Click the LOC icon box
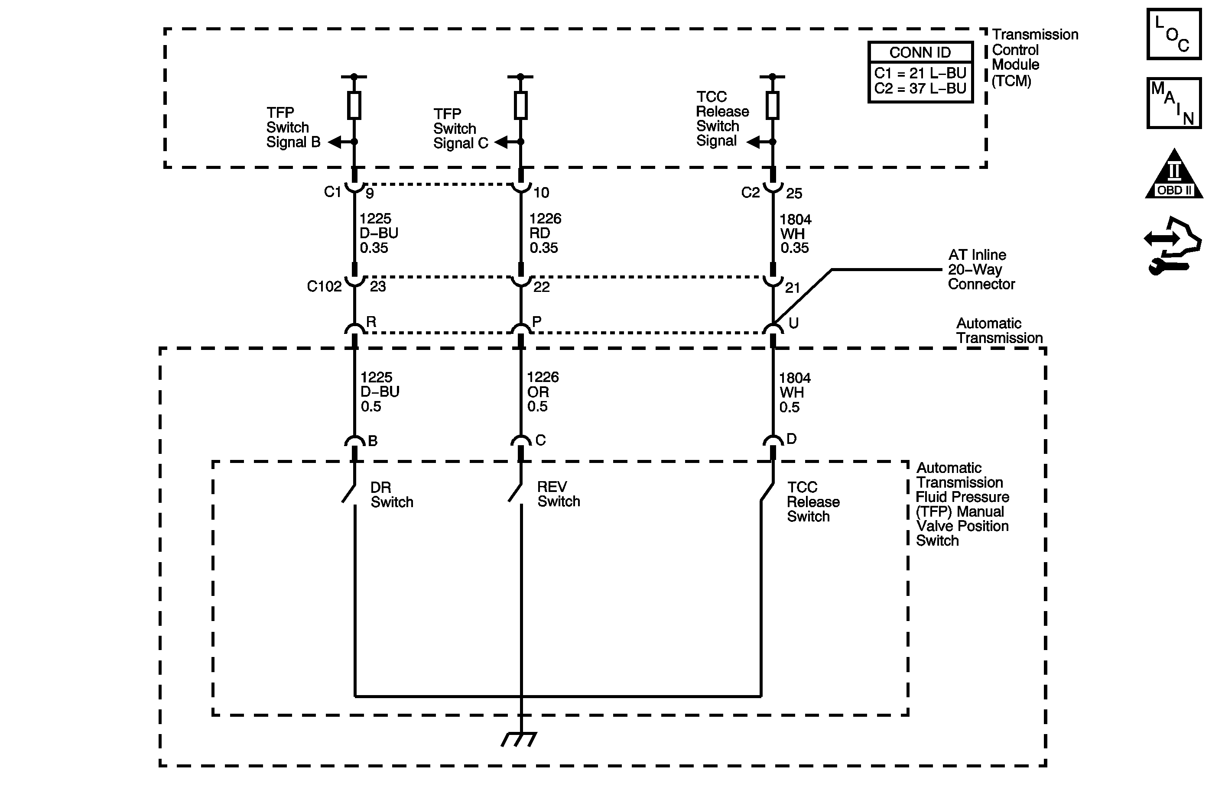(x=1174, y=34)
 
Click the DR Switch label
(x=391, y=495)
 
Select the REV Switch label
(x=558, y=494)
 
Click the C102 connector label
(x=324, y=287)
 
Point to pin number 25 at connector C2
(x=794, y=194)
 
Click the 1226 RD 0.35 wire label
(x=544, y=233)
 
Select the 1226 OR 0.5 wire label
(x=543, y=392)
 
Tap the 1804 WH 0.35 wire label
(x=795, y=233)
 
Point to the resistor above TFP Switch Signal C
(x=520, y=105)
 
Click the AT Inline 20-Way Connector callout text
(x=981, y=269)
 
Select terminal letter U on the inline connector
(x=793, y=323)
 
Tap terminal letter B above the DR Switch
(x=372, y=441)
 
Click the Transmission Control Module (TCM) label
(x=1034, y=58)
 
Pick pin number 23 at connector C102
(x=377, y=287)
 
